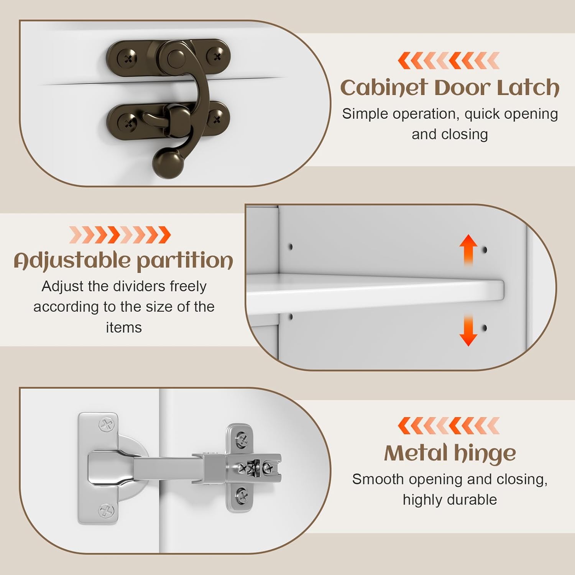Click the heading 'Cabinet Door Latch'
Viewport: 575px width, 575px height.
pyautogui.click(x=450, y=87)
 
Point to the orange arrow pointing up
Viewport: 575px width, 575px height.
pyautogui.click(x=468, y=250)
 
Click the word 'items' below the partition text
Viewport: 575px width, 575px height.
pyautogui.click(x=124, y=328)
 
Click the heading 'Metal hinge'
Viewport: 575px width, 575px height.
pyautogui.click(x=450, y=453)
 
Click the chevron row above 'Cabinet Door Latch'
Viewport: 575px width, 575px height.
pyautogui.click(x=449, y=61)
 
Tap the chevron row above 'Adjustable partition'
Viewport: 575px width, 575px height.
pyautogui.click(x=120, y=235)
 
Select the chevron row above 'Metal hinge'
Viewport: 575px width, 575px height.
pyautogui.click(x=449, y=426)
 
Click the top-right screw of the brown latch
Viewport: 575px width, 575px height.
pyautogui.click(x=217, y=57)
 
